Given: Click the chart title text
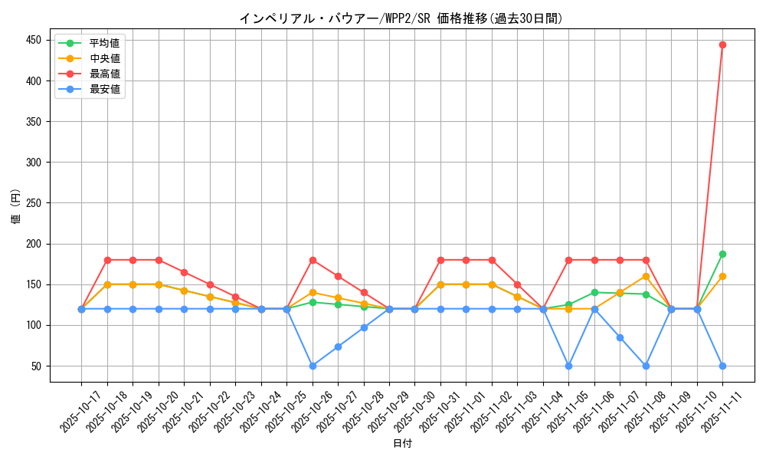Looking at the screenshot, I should click(x=401, y=18).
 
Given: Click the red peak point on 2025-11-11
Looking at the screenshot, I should click(x=722, y=44).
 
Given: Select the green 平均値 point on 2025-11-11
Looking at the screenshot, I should click(x=722, y=254).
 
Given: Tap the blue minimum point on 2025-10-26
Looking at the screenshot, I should click(x=313, y=366).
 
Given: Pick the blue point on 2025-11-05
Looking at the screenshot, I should click(x=568, y=366).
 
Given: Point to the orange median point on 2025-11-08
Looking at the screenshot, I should click(x=646, y=276).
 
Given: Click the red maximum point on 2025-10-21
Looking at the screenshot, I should click(x=184, y=272).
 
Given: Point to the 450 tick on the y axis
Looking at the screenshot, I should click(x=35, y=40).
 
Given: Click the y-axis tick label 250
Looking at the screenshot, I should click(x=35, y=203).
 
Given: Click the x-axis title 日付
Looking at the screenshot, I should click(x=402, y=444).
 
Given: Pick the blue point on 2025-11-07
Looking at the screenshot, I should click(x=620, y=337).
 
